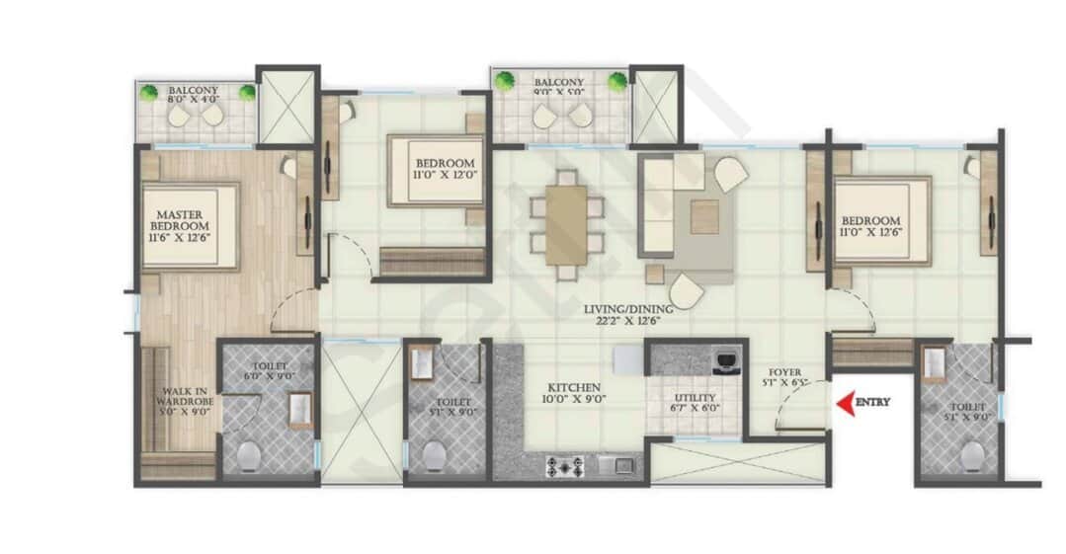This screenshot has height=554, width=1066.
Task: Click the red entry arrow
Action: (845, 403)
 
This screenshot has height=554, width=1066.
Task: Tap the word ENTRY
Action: (872, 403)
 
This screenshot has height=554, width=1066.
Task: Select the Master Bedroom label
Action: (178, 225)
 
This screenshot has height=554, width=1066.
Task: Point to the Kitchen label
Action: (571, 392)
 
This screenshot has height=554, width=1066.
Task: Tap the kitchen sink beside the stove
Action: (620, 466)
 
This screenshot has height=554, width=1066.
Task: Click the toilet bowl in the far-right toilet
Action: (972, 455)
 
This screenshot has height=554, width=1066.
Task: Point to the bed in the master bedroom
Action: (190, 226)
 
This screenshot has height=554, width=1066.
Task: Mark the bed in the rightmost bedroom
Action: (882, 220)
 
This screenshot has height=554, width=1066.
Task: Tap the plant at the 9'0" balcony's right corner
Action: (617, 81)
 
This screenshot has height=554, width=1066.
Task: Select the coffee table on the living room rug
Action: (704, 216)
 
